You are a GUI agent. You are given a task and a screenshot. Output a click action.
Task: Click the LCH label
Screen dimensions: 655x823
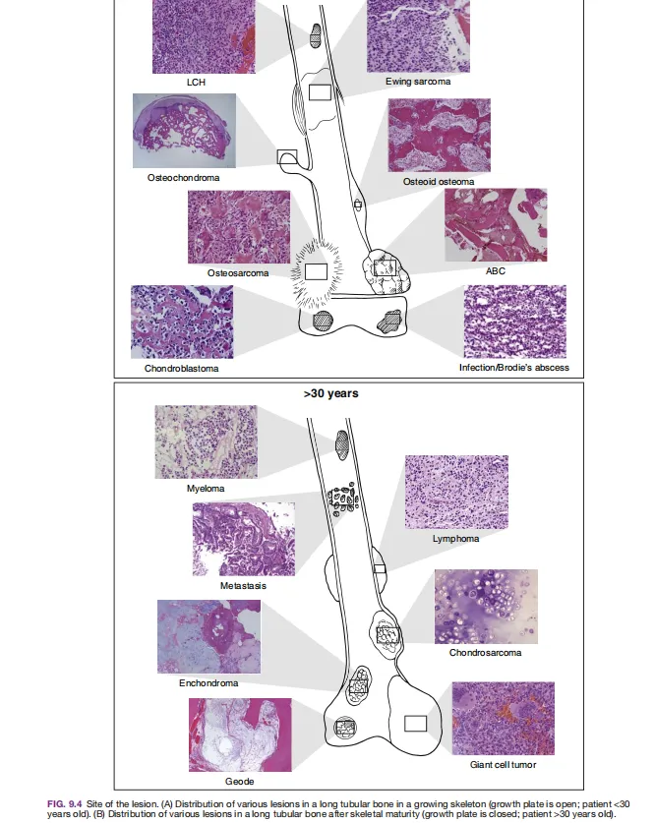point(196,83)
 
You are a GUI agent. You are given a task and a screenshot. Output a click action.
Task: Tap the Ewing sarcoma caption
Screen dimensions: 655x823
point(418,82)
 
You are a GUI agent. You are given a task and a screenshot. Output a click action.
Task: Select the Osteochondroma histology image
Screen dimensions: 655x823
point(184,131)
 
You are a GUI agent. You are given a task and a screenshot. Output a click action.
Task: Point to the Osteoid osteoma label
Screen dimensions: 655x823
point(439,182)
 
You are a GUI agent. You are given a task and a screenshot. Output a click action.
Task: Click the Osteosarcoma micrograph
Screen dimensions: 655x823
point(239,227)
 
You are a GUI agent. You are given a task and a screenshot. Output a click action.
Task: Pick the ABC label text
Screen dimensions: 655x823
point(495,270)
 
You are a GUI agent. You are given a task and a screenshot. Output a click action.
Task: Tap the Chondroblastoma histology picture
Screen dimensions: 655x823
point(182,322)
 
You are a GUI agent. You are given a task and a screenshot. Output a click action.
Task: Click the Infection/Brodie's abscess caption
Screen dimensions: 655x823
point(513,368)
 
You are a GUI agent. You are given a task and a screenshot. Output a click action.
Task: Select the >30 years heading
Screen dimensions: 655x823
point(330,393)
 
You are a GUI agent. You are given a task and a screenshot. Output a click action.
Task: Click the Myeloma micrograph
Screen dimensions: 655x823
point(206,441)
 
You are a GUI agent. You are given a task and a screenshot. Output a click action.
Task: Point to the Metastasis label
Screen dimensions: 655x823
point(243,586)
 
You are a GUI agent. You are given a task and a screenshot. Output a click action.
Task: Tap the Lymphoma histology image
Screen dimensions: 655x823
point(456,492)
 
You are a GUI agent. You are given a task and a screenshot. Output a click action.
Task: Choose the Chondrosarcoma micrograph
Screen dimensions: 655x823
point(486,607)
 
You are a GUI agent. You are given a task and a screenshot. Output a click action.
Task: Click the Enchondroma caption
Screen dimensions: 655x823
point(208,683)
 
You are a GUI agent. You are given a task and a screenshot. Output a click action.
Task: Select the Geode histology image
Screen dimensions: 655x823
point(240,735)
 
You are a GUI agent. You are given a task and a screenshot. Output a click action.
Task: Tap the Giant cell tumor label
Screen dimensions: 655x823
point(503,765)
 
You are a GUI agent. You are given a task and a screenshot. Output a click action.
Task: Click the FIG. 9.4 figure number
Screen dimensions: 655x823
point(65,804)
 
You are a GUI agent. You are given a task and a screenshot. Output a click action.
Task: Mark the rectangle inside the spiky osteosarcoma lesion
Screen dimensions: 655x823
point(316,272)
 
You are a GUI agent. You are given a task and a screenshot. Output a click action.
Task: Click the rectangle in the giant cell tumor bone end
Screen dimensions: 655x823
point(415,724)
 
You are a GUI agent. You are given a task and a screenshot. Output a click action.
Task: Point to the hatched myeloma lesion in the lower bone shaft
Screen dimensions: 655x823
point(341,445)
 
